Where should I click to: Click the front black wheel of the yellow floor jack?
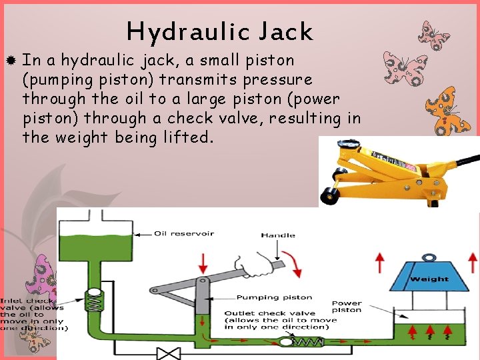pos(329,195)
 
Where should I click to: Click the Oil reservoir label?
pos(184,233)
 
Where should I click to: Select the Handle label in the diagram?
pos(278,235)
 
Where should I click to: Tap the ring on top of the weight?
pos(428,257)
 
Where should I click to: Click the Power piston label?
pos(347,307)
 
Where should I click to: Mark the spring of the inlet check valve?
pos(94,303)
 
